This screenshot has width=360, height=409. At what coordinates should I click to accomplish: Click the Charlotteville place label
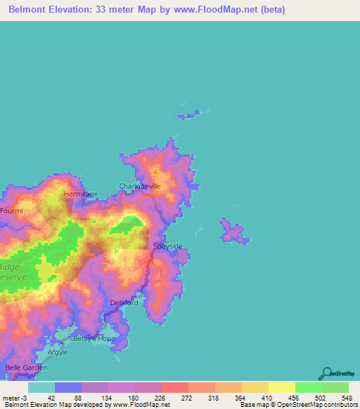click(x=140, y=186)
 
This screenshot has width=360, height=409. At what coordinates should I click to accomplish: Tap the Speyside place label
click(x=168, y=246)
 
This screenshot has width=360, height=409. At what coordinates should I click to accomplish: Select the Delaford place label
click(x=124, y=303)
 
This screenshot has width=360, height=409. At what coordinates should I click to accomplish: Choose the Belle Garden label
click(x=26, y=368)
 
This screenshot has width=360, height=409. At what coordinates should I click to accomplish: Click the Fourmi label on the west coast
click(x=11, y=211)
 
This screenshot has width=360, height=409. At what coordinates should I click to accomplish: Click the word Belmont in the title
click(x=31, y=10)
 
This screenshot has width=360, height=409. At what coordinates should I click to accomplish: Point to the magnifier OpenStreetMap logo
click(x=326, y=374)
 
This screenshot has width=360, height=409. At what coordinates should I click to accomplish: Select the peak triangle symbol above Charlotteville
click(x=155, y=170)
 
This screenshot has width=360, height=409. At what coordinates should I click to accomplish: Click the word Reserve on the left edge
click(x=13, y=277)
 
